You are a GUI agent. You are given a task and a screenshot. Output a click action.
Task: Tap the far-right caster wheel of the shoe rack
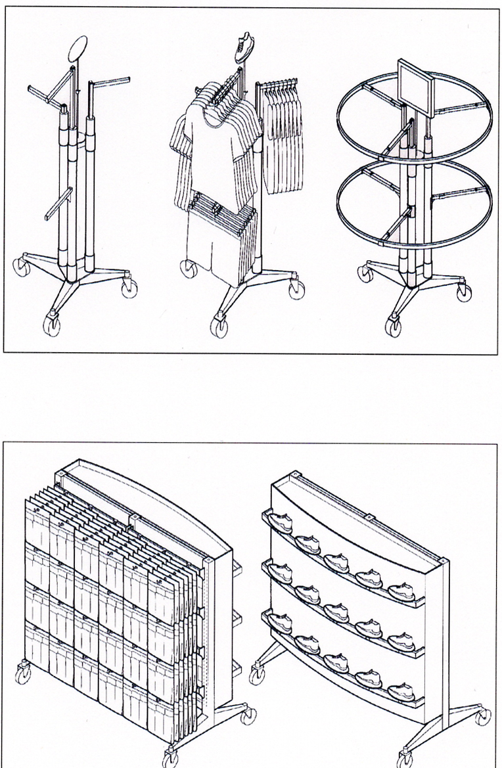[x=483, y=715]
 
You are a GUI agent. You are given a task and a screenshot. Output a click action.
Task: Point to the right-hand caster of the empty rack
[x=129, y=286]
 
